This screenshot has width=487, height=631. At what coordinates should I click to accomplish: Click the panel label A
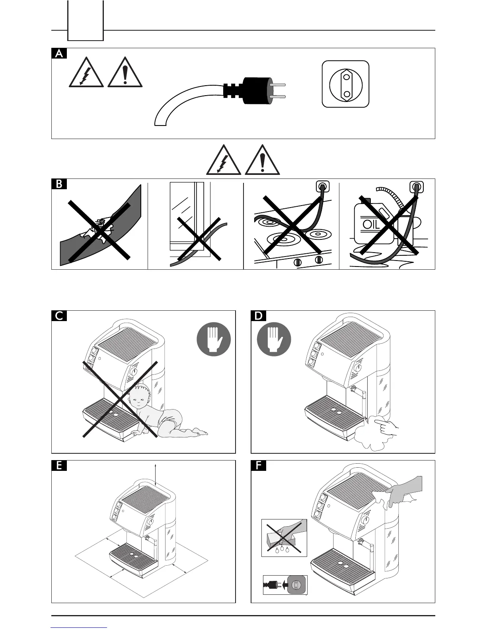pyautogui.click(x=59, y=53)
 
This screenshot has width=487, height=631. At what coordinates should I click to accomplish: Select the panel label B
pyautogui.click(x=59, y=184)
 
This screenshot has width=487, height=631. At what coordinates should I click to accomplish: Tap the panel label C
pyautogui.click(x=59, y=316)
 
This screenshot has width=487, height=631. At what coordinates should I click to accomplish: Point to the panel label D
pyautogui.click(x=259, y=316)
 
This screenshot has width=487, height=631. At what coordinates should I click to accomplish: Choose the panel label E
pyautogui.click(x=59, y=466)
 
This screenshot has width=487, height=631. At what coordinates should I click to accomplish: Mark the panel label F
pyautogui.click(x=259, y=466)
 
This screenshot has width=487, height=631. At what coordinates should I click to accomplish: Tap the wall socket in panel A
pyautogui.click(x=346, y=84)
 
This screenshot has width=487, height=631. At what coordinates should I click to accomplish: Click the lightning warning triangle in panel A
pyautogui.click(x=86, y=73)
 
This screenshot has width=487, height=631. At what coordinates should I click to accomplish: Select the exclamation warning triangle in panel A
pyautogui.click(x=125, y=73)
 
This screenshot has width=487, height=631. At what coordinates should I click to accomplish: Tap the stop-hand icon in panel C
pyautogui.click(x=214, y=339)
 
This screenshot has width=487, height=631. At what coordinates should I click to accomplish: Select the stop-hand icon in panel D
pyautogui.click(x=274, y=339)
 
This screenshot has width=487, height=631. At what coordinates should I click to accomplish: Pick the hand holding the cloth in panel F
pyautogui.click(x=404, y=492)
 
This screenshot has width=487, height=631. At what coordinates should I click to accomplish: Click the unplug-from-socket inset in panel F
pyautogui.click(x=285, y=584)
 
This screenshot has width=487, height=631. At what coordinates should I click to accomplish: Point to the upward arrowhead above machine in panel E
pyautogui.click(x=156, y=465)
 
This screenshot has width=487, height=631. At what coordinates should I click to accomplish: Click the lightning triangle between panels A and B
pyautogui.click(x=224, y=161)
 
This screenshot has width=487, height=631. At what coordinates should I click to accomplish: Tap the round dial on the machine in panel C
pyautogui.click(x=134, y=372)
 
